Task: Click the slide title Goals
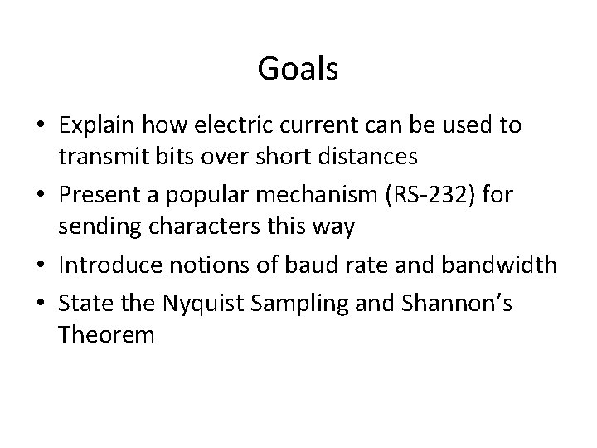pos(298,69)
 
